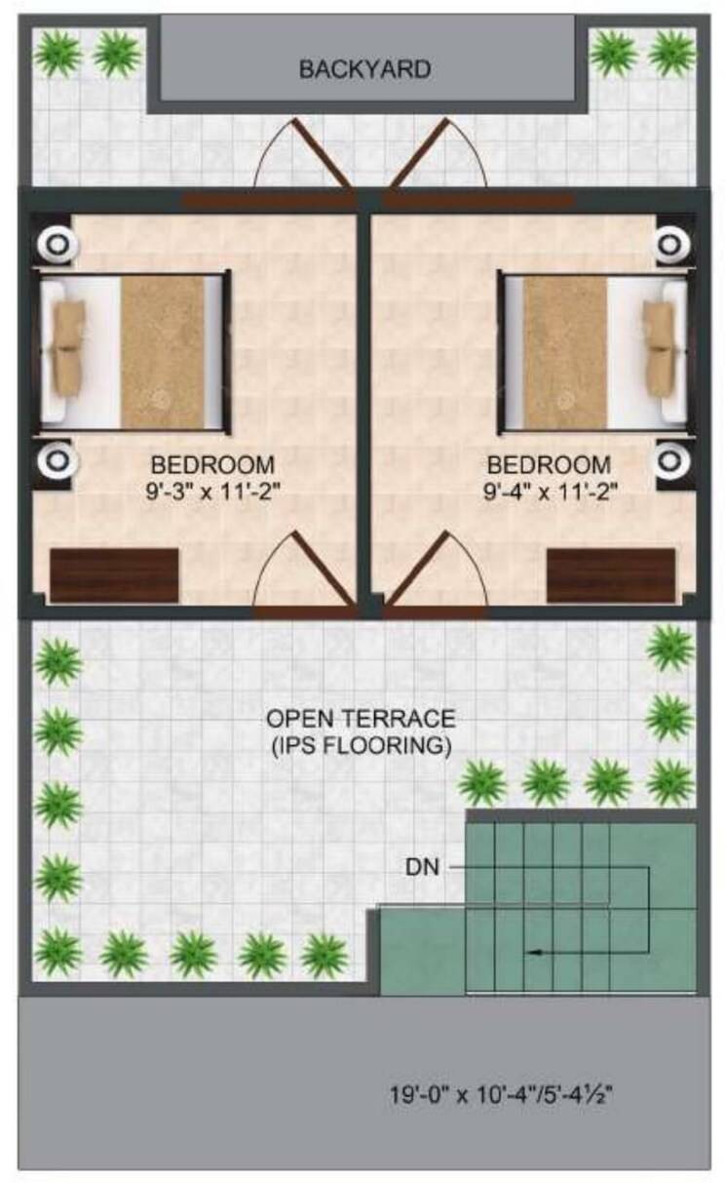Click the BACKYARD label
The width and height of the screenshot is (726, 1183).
[x=364, y=69]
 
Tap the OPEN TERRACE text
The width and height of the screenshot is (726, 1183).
[x=361, y=719]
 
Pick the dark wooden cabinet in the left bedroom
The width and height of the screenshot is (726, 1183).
[x=114, y=575]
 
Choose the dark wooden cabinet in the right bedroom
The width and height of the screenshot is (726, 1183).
[x=610, y=575]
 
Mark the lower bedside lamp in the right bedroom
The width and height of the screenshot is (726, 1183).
[x=670, y=457]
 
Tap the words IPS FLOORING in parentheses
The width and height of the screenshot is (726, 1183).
[x=361, y=747]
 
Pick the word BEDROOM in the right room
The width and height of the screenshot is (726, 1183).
[x=551, y=464]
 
